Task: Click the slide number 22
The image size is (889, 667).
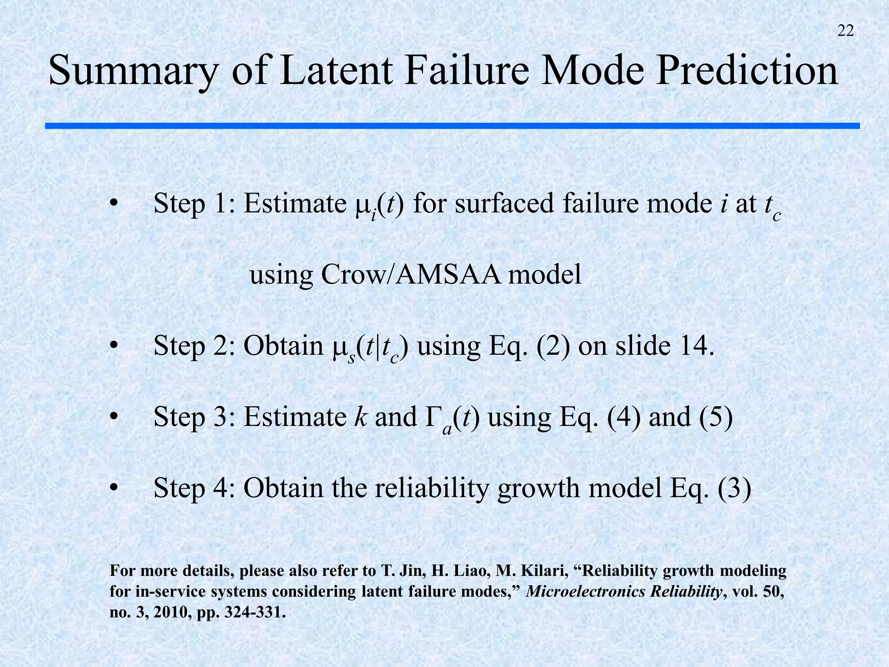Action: pos(845,31)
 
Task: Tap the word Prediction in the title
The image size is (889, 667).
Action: pos(747,70)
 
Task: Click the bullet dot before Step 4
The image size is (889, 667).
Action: pos(114,489)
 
